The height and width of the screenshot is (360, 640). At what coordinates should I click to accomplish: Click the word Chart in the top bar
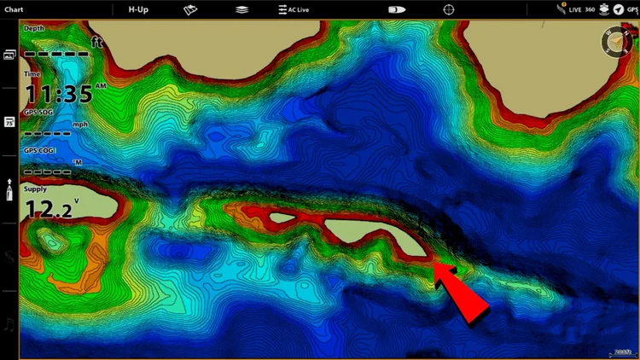click(15, 9)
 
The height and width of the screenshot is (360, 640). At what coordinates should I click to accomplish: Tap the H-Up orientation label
click(137, 9)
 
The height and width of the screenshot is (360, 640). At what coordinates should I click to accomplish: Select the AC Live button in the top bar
click(293, 9)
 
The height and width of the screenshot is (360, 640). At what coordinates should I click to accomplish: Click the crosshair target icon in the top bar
click(448, 9)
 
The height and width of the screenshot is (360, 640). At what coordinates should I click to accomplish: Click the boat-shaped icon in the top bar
click(397, 9)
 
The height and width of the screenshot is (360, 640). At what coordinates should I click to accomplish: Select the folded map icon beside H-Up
click(191, 9)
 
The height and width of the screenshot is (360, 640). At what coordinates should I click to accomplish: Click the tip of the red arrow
click(434, 265)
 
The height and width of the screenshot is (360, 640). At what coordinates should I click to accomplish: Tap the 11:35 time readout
click(58, 93)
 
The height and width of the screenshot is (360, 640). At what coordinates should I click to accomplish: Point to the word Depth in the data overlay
click(34, 28)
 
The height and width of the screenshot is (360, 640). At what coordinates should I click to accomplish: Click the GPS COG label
click(39, 150)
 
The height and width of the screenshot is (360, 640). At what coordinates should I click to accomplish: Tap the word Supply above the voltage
click(36, 189)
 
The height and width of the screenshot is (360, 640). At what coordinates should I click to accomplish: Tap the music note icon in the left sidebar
click(9, 323)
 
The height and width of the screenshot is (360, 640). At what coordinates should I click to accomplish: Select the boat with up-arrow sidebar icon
click(9, 189)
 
